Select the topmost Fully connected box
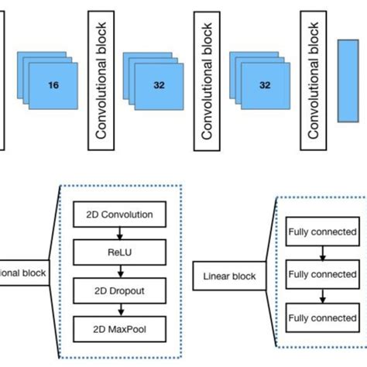tap(322, 232)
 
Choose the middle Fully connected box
tap(322, 275)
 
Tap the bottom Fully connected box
tap(322, 318)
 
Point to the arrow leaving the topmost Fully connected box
tap(322, 253)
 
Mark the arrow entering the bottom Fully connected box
tap(322, 297)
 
